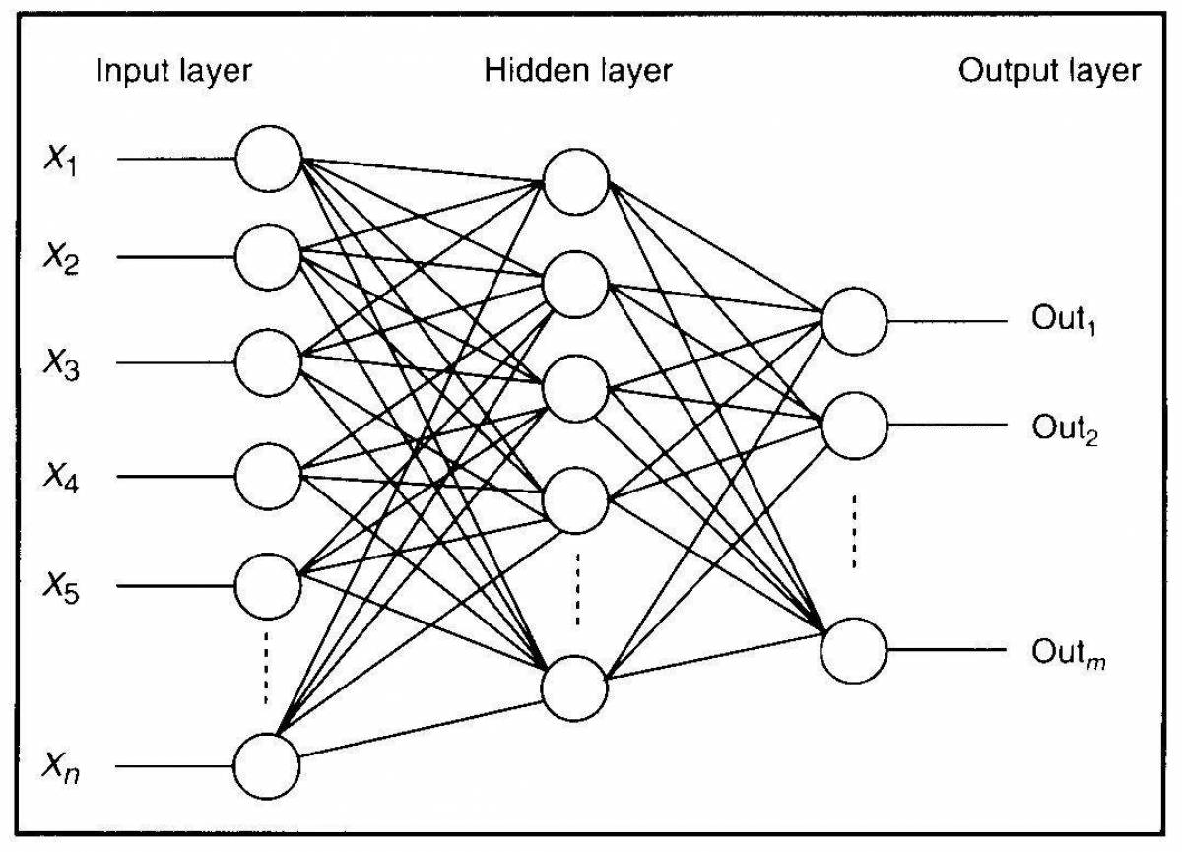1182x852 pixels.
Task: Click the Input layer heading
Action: pyautogui.click(x=173, y=72)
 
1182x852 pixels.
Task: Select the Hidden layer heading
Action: pyautogui.click(x=578, y=72)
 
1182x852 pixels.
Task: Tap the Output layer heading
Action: pyautogui.click(x=1050, y=72)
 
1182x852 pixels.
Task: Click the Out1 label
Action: pyautogui.click(x=1064, y=320)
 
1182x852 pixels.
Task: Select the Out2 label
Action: pyautogui.click(x=1064, y=428)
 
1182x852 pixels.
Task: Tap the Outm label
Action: pyautogui.click(x=1068, y=652)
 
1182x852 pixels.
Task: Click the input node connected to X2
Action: pyautogui.click(x=268, y=257)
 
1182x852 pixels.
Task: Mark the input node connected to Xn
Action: pyautogui.click(x=266, y=765)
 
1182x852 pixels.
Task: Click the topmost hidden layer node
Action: pyautogui.click(x=576, y=181)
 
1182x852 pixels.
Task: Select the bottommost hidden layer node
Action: pyautogui.click(x=575, y=687)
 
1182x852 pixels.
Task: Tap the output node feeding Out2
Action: pyautogui.click(x=854, y=426)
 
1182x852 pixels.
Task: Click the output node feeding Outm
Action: pyautogui.click(x=854, y=650)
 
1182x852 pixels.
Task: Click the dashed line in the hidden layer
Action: pyautogui.click(x=577, y=588)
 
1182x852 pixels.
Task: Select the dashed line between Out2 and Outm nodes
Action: pyautogui.click(x=854, y=532)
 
